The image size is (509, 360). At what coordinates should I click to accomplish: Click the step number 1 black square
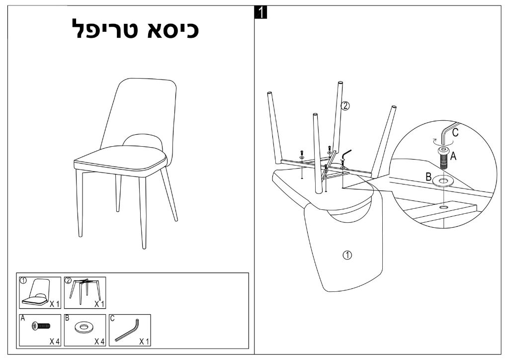tap(260, 12)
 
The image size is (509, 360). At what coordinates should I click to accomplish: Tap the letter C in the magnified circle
tap(455, 132)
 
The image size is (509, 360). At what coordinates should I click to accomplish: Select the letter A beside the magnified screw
tap(453, 156)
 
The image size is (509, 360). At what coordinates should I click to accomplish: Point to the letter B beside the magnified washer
tap(428, 177)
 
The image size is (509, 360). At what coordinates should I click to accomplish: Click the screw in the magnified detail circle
tap(443, 157)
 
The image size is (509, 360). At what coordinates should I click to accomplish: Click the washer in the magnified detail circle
tap(443, 180)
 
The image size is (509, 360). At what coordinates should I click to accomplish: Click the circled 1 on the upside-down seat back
tap(347, 255)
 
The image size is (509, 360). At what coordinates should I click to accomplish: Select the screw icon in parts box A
tap(41, 326)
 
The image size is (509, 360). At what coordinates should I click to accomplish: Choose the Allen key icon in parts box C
tap(127, 331)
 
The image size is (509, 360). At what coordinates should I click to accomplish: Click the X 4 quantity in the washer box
tap(99, 342)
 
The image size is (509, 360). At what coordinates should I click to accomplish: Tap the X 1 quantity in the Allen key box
tap(144, 342)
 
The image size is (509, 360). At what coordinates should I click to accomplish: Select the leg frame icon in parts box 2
tap(85, 291)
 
